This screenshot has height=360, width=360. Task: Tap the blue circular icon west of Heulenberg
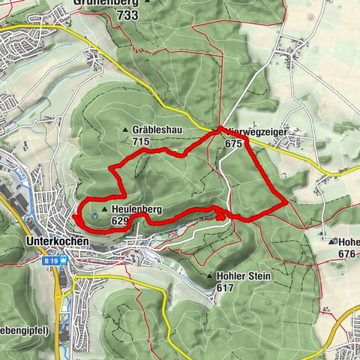tap(94, 216)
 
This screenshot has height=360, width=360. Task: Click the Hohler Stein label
tap(243, 276)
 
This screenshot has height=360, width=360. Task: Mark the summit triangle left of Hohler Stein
tap(209, 277)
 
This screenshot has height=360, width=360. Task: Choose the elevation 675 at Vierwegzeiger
tap(235, 142)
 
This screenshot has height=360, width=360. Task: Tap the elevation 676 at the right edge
tap(346, 254)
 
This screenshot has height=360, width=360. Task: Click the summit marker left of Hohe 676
tap(332, 242)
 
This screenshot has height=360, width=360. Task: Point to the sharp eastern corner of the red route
tap(287, 202)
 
